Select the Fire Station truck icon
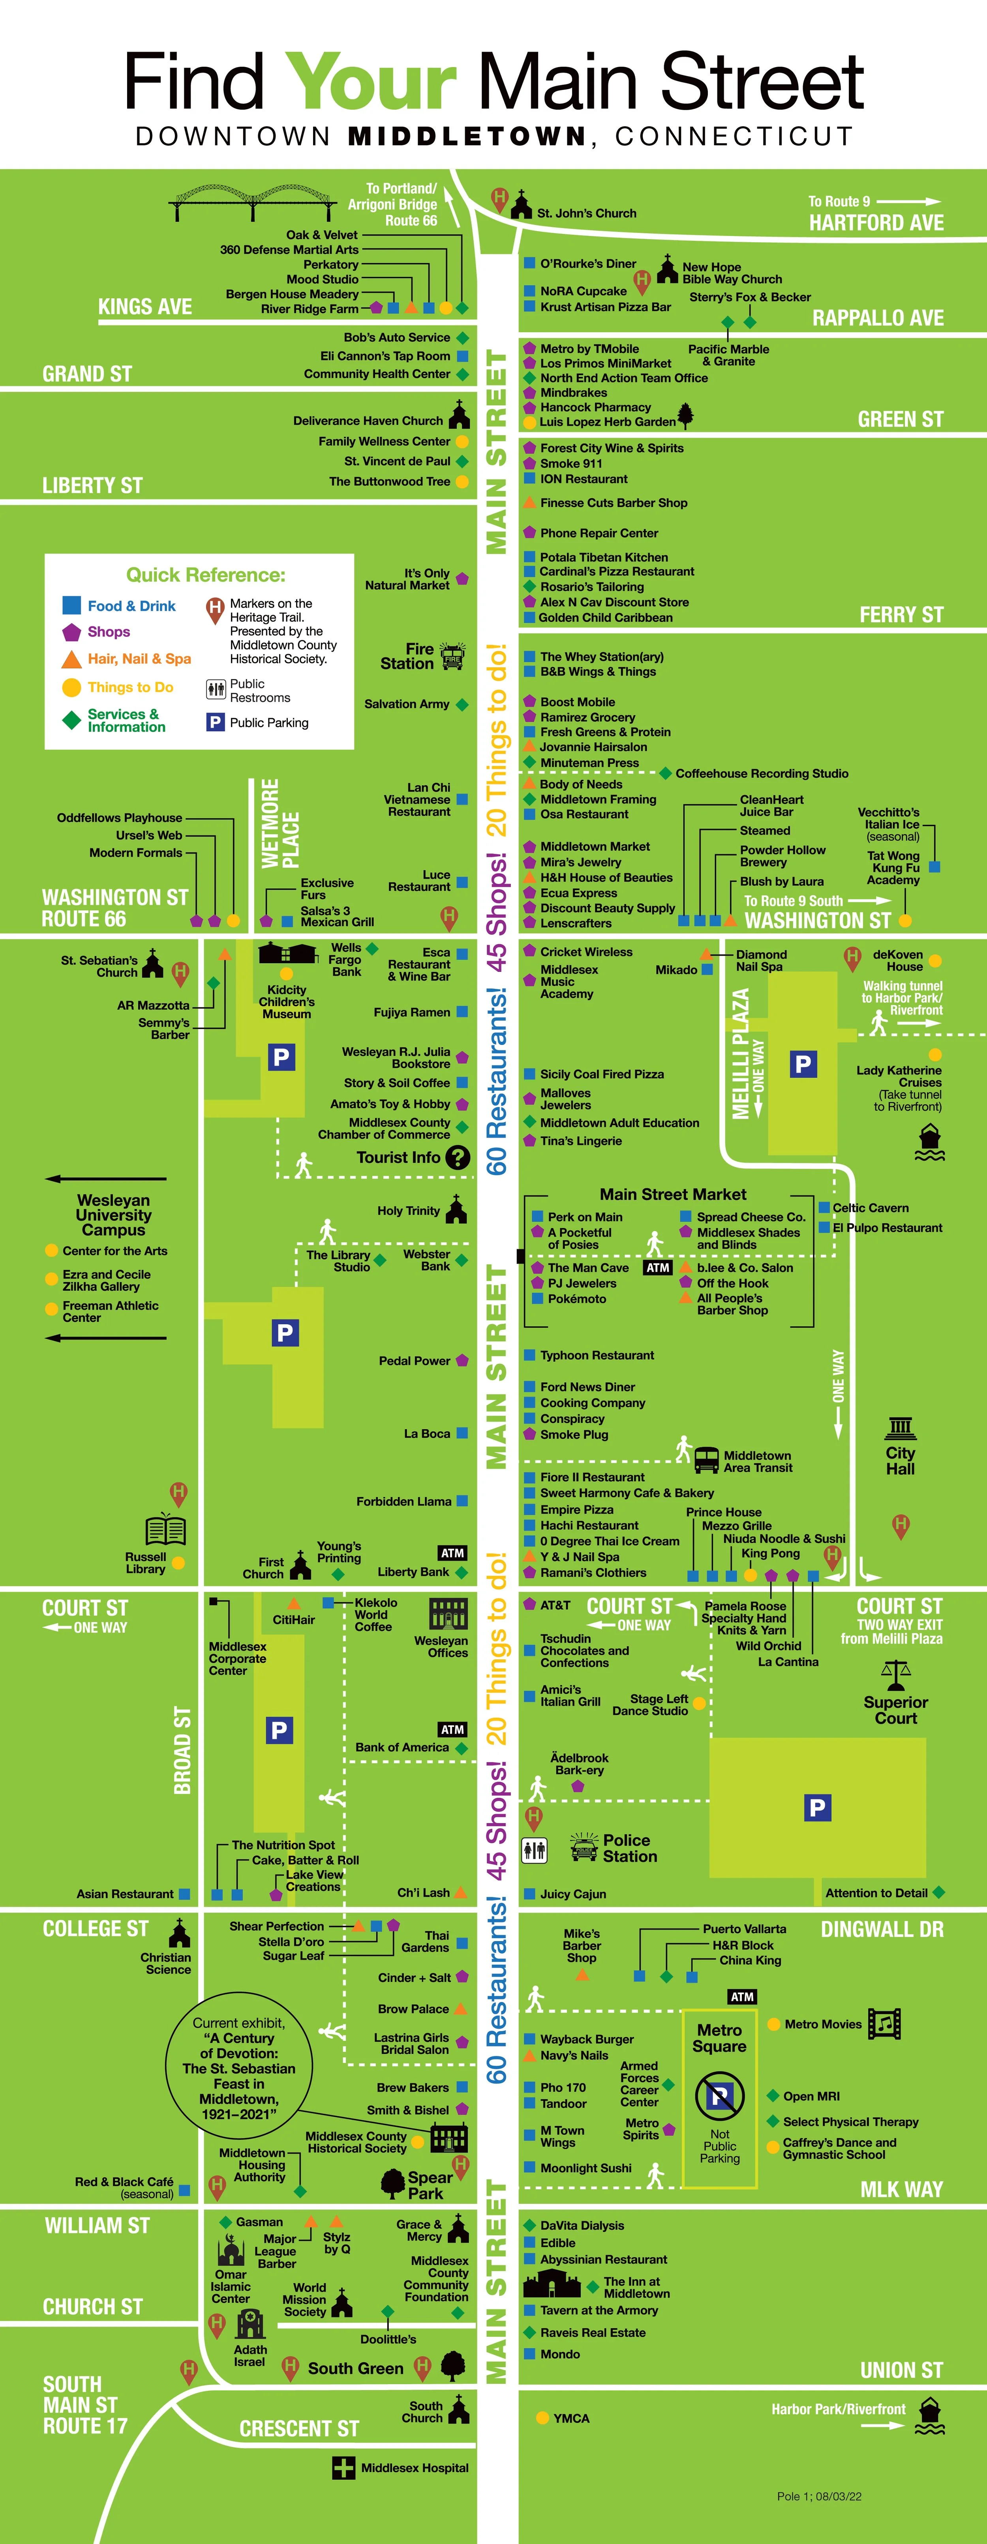(x=452, y=656)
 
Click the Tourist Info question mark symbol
(x=458, y=1157)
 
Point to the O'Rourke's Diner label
(x=588, y=264)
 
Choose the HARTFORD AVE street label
(x=876, y=223)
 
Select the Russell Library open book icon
(x=165, y=1530)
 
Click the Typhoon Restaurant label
(x=597, y=1355)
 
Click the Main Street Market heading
(x=673, y=1194)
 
